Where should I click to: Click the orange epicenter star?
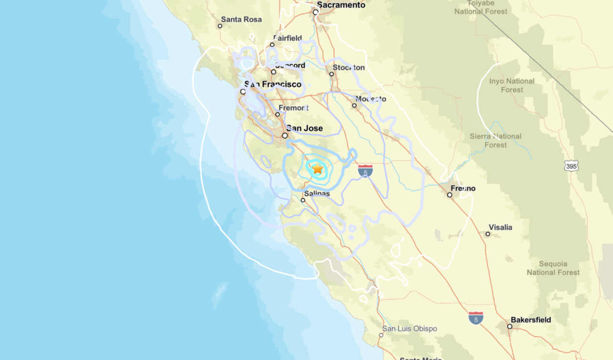point(317,169)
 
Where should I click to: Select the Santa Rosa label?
point(241,20)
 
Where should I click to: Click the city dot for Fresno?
point(450,195)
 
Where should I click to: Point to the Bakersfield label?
point(531,320)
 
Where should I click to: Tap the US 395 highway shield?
point(571,166)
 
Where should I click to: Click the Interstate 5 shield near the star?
point(366,171)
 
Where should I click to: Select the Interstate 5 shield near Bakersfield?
point(476,318)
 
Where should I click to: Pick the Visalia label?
point(500,227)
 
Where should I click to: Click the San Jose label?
point(304,128)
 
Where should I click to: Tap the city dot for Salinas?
point(303,200)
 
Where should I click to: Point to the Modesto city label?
point(370,99)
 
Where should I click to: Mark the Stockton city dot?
point(332,74)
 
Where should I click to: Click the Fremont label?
point(293,108)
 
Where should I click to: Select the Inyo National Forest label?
point(512,85)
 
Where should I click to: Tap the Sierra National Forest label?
point(495,140)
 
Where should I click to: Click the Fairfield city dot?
point(272,44)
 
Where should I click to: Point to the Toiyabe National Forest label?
point(481,7)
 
